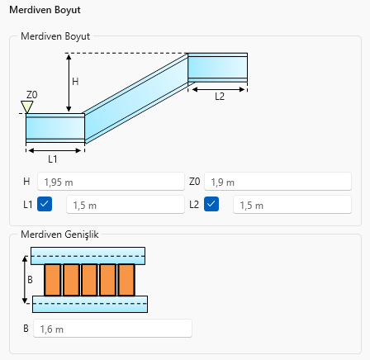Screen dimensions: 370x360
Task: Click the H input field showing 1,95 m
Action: click(x=111, y=182)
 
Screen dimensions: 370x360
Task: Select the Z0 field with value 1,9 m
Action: click(x=277, y=182)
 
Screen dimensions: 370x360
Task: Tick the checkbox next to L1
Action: click(x=45, y=204)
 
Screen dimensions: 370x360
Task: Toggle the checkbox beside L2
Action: click(x=211, y=204)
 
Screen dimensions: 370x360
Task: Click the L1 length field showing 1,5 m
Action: click(x=126, y=205)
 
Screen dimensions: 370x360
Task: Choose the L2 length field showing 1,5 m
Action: click(x=292, y=205)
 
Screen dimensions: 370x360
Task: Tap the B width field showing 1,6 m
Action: click(x=112, y=329)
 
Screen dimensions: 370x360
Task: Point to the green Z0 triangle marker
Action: click(x=27, y=107)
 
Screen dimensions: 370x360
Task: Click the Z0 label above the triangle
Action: click(x=32, y=95)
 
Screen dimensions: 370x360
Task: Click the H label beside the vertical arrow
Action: click(x=75, y=82)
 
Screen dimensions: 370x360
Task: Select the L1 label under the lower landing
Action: click(x=53, y=159)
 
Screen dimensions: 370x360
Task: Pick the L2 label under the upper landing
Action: click(x=220, y=97)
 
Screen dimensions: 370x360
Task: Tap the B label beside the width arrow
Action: click(x=30, y=280)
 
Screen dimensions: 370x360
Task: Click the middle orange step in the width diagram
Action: click(x=89, y=280)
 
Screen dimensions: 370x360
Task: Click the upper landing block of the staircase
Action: click(x=217, y=68)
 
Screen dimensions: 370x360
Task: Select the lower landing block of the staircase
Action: click(x=55, y=128)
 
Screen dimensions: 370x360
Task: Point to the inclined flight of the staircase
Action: click(x=136, y=98)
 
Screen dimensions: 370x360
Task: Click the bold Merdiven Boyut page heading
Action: click(x=45, y=10)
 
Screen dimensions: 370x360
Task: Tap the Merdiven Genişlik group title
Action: click(x=59, y=234)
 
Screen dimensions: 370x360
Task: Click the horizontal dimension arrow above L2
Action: click(x=218, y=89)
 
